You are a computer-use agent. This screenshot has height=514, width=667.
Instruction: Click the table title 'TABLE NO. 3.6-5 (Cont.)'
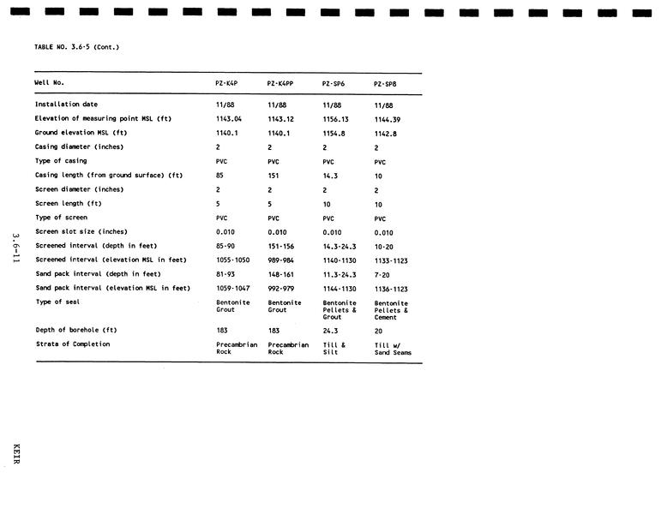point(76,47)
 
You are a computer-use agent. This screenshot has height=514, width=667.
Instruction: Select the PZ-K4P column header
point(226,84)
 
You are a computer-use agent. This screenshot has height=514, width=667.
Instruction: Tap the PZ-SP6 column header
point(333,84)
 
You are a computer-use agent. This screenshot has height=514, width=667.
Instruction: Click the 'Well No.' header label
point(49,83)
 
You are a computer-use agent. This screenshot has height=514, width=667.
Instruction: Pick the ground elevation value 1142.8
point(385,134)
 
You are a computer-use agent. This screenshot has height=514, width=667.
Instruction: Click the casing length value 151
point(274,176)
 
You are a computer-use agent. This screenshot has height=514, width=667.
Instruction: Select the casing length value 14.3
point(329,176)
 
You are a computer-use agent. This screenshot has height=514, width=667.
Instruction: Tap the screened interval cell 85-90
point(225,246)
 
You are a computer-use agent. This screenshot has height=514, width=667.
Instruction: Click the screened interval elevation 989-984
point(281,260)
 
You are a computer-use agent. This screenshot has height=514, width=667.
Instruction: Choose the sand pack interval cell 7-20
point(382,274)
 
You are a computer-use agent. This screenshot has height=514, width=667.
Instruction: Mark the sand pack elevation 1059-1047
point(233,288)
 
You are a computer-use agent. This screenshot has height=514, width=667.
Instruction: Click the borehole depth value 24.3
point(330,330)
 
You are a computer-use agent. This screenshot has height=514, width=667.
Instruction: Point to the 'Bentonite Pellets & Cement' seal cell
point(391,310)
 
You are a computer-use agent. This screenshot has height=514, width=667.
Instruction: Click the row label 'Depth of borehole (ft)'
point(75,330)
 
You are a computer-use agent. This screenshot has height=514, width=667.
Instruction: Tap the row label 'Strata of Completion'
point(72,344)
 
